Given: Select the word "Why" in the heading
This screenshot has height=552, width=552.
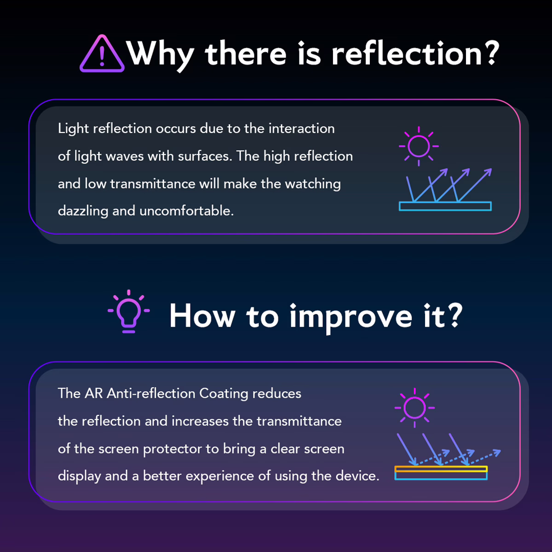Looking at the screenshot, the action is coord(161,56).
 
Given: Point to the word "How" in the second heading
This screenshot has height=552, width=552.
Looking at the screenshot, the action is coord(202,316).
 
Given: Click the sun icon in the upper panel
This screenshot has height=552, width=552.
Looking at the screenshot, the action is coord(419,146).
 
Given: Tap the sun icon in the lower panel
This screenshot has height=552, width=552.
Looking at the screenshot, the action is coord(414,408).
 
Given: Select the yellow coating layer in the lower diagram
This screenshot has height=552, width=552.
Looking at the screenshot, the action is coord(441,469).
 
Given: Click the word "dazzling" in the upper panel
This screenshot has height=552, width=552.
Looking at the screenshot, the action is coord(83,211).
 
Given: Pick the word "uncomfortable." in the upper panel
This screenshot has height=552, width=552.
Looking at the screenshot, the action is coord(186,211).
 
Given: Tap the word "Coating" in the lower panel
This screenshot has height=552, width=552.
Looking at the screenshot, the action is coord(224,394).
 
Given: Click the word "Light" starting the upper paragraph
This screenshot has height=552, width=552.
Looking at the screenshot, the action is coord(73,129).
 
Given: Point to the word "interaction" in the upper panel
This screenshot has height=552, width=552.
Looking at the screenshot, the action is coord(302,129).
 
